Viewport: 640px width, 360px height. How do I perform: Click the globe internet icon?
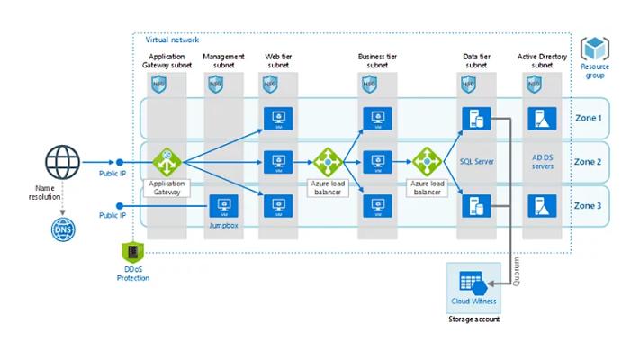62,162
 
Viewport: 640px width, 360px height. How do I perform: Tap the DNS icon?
63,229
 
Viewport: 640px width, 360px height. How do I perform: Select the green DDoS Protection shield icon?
132,251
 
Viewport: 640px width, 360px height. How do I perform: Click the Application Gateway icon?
167,162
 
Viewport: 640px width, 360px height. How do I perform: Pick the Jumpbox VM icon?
223,206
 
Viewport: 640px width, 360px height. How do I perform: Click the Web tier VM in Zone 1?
278,119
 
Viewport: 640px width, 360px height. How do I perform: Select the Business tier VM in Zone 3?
377,206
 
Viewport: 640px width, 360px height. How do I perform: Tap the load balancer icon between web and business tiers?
328,162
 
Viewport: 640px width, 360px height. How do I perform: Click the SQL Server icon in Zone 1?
476,119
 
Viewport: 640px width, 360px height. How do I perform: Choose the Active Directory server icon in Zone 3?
542,206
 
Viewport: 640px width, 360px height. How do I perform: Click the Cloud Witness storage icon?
473,283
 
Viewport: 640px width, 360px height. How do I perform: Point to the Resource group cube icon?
595,49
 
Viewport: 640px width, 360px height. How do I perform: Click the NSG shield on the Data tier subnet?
468,84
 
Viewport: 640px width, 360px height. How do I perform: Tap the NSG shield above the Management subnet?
215,84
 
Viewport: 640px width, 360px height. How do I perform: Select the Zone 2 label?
588,162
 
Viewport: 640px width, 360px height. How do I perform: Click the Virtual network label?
172,40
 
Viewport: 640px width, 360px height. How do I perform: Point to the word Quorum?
517,271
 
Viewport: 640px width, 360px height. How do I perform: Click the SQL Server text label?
477,162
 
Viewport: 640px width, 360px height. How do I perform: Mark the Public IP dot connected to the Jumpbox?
120,206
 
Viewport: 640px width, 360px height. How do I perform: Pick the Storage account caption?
473,319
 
